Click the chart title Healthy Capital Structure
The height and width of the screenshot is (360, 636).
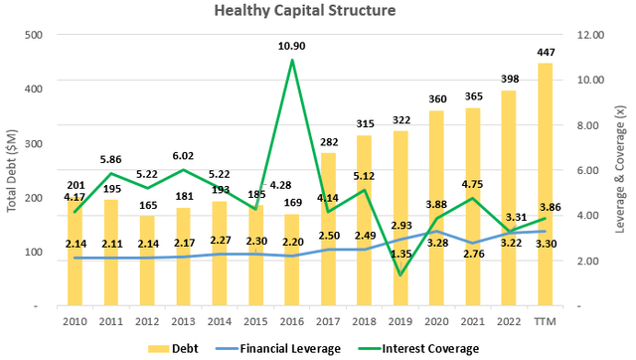click(x=317, y=11)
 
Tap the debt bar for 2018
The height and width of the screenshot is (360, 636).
click(x=365, y=219)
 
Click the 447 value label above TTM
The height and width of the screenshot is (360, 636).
click(x=545, y=53)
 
